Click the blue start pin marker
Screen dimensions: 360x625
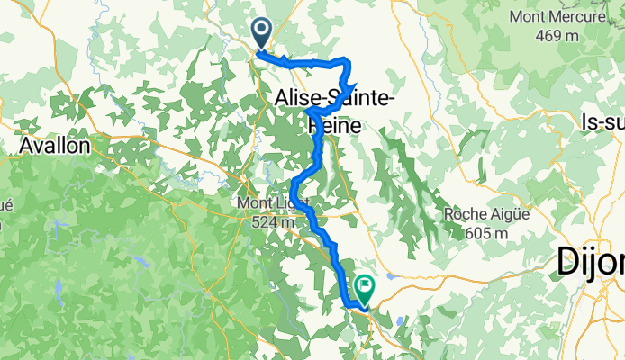coord(262,33)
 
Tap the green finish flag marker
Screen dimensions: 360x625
coord(366,289)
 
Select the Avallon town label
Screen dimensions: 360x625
coord(54,144)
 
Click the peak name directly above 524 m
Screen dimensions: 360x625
coord(273,204)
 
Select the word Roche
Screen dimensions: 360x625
coord(466,214)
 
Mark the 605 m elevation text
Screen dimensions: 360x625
coord(487,233)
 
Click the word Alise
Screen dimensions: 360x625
coord(299,97)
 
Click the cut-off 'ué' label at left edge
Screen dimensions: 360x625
coord(5,204)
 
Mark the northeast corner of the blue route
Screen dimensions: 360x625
coord(348,60)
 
